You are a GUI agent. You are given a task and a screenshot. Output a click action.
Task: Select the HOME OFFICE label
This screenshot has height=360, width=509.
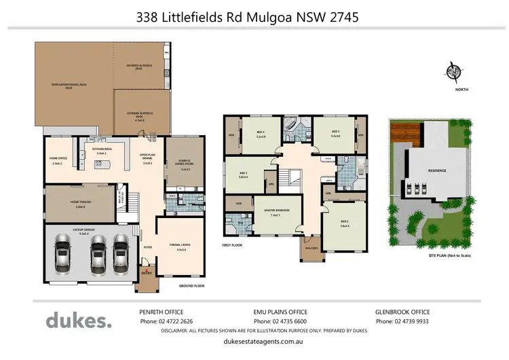58,160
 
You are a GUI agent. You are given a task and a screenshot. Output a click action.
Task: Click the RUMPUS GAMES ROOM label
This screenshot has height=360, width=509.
185,165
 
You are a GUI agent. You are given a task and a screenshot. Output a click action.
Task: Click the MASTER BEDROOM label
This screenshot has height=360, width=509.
277,212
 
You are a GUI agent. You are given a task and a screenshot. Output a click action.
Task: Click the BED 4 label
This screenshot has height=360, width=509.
261,133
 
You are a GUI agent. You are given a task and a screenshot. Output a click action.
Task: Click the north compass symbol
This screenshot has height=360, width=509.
453,71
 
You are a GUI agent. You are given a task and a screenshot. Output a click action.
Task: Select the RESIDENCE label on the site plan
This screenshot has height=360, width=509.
436,170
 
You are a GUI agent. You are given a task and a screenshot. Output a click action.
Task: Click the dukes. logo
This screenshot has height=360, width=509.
79,320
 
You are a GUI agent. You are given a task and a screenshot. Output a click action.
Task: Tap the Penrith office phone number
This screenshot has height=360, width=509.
166,321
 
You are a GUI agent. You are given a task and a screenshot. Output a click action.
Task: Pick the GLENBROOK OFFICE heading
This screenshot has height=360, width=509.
403,312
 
